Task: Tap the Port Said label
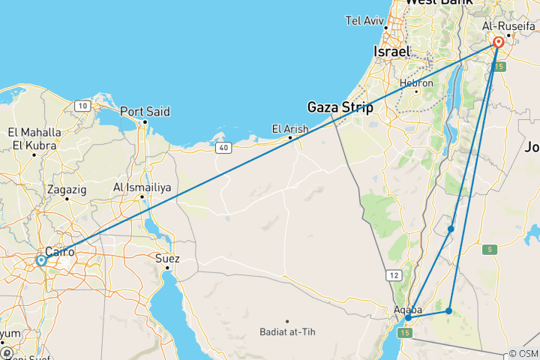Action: [x=145, y=112]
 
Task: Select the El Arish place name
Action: [x=289, y=129]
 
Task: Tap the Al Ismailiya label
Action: [x=142, y=187]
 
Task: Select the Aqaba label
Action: [x=407, y=309]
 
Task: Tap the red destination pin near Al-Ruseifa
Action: [x=499, y=43]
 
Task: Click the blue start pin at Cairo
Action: [x=40, y=261]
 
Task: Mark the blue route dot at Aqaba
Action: [x=408, y=318]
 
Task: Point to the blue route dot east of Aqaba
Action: [x=448, y=310]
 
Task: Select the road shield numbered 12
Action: [x=395, y=275]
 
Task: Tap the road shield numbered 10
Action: [x=83, y=106]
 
